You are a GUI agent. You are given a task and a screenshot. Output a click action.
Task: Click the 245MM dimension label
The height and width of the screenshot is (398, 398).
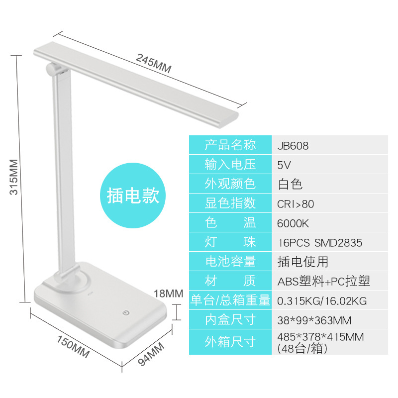(153, 63)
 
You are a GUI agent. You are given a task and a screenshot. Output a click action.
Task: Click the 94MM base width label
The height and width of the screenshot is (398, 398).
(151, 355)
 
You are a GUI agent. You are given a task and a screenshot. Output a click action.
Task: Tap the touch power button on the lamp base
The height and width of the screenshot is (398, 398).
(126, 313)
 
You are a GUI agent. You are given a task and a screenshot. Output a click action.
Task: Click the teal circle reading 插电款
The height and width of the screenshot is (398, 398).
(133, 196)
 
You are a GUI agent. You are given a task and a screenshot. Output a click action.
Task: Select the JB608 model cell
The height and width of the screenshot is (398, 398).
(293, 146)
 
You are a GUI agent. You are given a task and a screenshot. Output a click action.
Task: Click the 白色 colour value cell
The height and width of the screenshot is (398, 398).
(290, 184)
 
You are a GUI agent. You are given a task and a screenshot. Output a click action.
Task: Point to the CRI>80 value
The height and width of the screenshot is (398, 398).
(296, 204)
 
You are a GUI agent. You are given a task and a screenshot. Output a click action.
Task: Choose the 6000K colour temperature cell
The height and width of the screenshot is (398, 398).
(293, 223)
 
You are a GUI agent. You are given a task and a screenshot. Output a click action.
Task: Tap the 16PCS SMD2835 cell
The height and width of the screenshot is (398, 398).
(319, 243)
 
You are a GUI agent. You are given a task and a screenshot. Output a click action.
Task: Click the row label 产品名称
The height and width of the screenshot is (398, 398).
(230, 145)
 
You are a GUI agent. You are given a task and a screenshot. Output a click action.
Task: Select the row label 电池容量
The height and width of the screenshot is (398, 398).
(230, 262)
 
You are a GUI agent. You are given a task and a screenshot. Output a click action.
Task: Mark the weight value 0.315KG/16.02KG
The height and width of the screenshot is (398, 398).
(322, 300)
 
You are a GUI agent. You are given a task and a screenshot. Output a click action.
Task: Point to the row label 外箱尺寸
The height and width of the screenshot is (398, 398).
(230, 342)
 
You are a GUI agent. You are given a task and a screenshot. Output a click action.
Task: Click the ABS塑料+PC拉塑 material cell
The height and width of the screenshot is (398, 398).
(323, 281)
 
